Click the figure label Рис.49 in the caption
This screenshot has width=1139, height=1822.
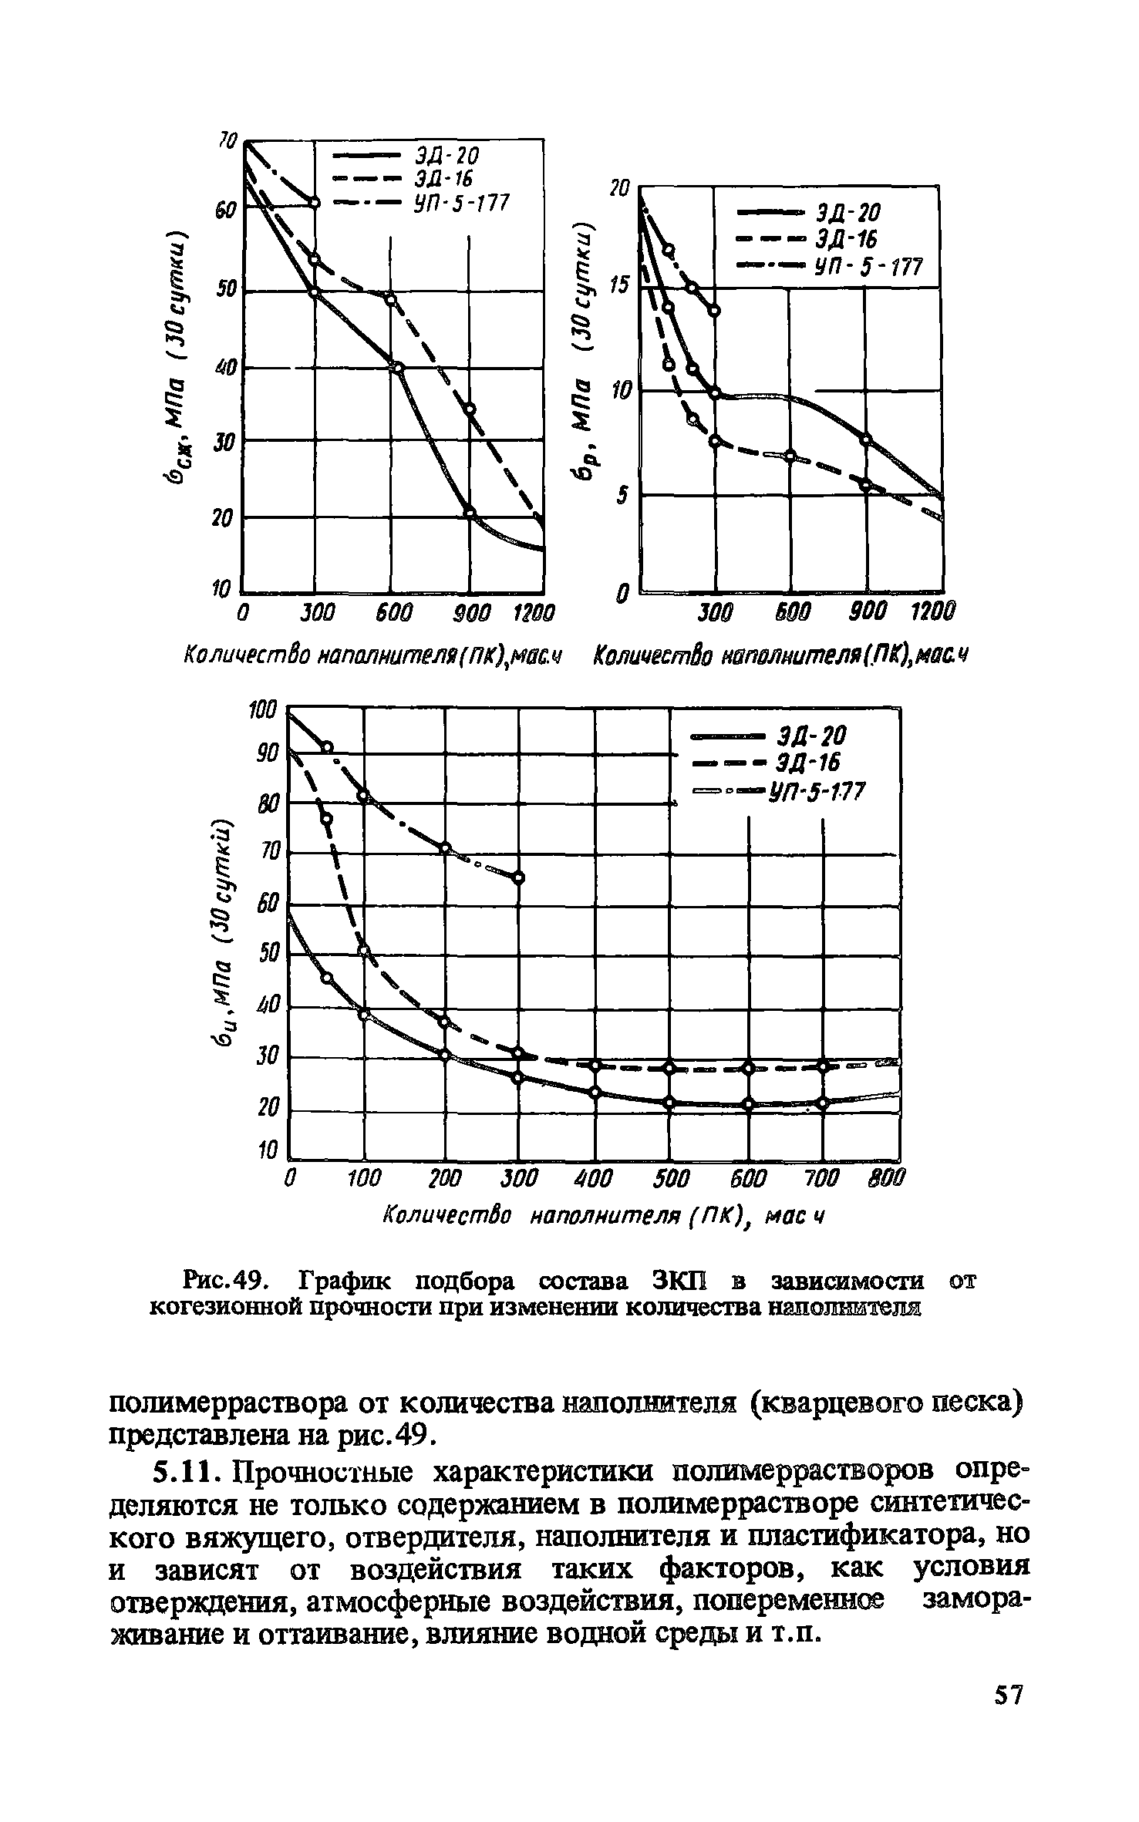point(225,1282)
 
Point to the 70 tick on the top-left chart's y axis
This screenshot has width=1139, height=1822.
point(226,140)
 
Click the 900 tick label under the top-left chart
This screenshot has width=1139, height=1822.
point(466,615)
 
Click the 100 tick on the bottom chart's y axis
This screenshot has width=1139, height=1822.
point(262,709)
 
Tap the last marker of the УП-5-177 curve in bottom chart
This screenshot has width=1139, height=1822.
point(519,877)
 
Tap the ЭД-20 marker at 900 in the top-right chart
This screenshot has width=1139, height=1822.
point(866,440)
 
